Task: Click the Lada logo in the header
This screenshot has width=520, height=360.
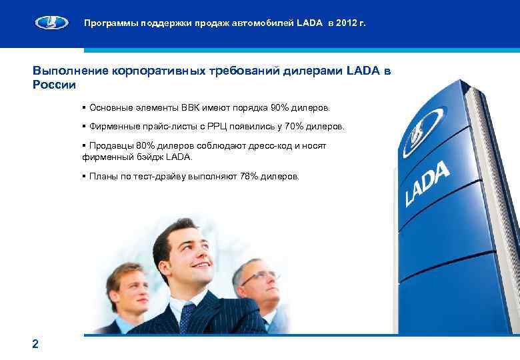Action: [x=51, y=24]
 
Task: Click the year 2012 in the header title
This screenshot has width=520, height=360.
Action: [x=349, y=23]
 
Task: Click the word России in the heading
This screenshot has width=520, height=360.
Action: [x=54, y=85]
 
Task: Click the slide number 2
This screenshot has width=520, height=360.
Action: [x=35, y=344]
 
